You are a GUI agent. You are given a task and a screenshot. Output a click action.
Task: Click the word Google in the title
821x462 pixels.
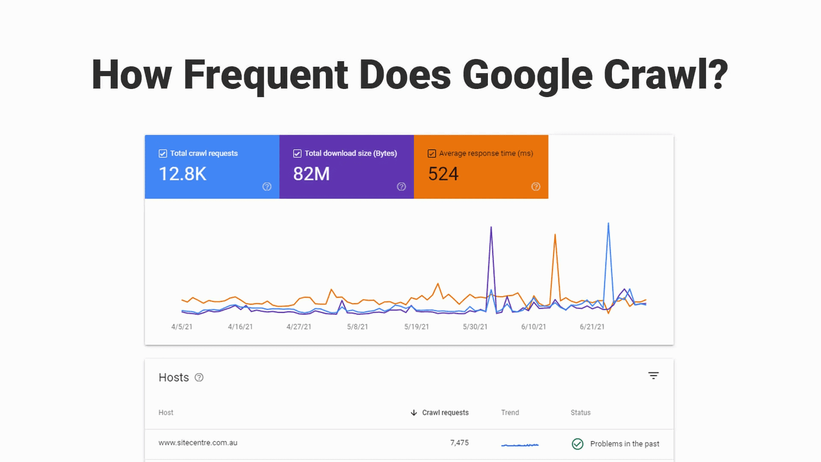(527, 75)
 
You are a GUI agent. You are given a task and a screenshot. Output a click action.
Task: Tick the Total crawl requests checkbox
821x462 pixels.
(163, 154)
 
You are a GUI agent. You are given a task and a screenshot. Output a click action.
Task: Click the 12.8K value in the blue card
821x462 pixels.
(183, 174)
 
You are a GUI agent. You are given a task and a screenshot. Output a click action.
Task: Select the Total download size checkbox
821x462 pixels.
(297, 154)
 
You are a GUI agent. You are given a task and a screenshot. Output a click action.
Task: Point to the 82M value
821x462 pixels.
(311, 174)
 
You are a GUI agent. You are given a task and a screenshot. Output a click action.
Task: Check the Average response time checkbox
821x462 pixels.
(432, 154)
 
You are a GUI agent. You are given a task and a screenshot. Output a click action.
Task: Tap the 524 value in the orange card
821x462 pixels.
(443, 174)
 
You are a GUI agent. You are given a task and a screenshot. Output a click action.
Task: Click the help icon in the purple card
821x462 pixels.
(401, 187)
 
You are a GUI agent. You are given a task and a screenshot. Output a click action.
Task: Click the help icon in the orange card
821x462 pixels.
(536, 187)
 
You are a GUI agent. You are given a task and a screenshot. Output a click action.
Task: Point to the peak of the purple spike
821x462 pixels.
(491, 227)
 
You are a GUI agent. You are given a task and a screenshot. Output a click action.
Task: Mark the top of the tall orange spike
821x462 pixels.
(555, 234)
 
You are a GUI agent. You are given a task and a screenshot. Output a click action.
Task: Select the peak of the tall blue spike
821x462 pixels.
(608, 223)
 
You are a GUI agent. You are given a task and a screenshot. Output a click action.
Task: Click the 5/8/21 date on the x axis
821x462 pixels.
(357, 327)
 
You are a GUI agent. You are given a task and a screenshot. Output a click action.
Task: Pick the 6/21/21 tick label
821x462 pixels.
(592, 327)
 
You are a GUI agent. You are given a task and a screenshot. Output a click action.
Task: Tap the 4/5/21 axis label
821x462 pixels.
(182, 327)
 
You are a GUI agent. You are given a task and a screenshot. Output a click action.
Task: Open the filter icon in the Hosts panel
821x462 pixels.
(653, 376)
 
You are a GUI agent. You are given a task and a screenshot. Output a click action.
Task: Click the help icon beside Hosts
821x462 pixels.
(199, 377)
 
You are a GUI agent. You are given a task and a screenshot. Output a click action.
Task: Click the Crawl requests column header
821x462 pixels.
(445, 412)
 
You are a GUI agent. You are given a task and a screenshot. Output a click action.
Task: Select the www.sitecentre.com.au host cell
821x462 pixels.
(198, 443)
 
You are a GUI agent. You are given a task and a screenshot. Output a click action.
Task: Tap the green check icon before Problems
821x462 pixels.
(578, 444)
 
